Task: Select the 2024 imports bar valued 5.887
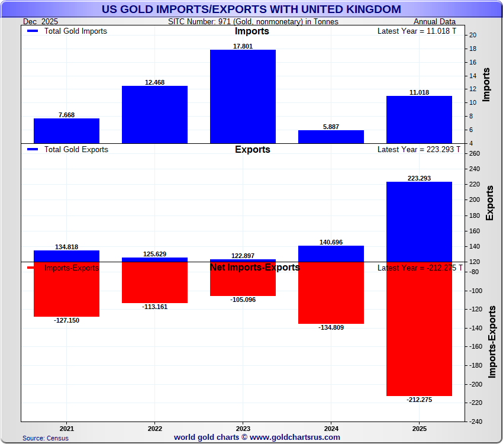coord(331,137)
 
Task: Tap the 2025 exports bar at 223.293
coord(419,221)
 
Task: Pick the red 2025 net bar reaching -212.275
coord(419,329)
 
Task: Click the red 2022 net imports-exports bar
coord(154,282)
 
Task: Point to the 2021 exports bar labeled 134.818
coord(66,256)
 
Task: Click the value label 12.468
coord(154,82)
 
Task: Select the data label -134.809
coord(331,327)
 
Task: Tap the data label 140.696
coord(331,242)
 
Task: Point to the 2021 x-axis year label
coord(67,428)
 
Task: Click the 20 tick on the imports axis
coord(473,35)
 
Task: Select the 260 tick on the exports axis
coord(475,153)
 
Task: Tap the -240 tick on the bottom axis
coord(476,422)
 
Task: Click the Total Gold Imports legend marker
coord(33,31)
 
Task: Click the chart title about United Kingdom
coord(251,9)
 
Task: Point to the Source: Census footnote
coord(46,438)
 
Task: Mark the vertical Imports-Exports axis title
coord(492,342)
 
